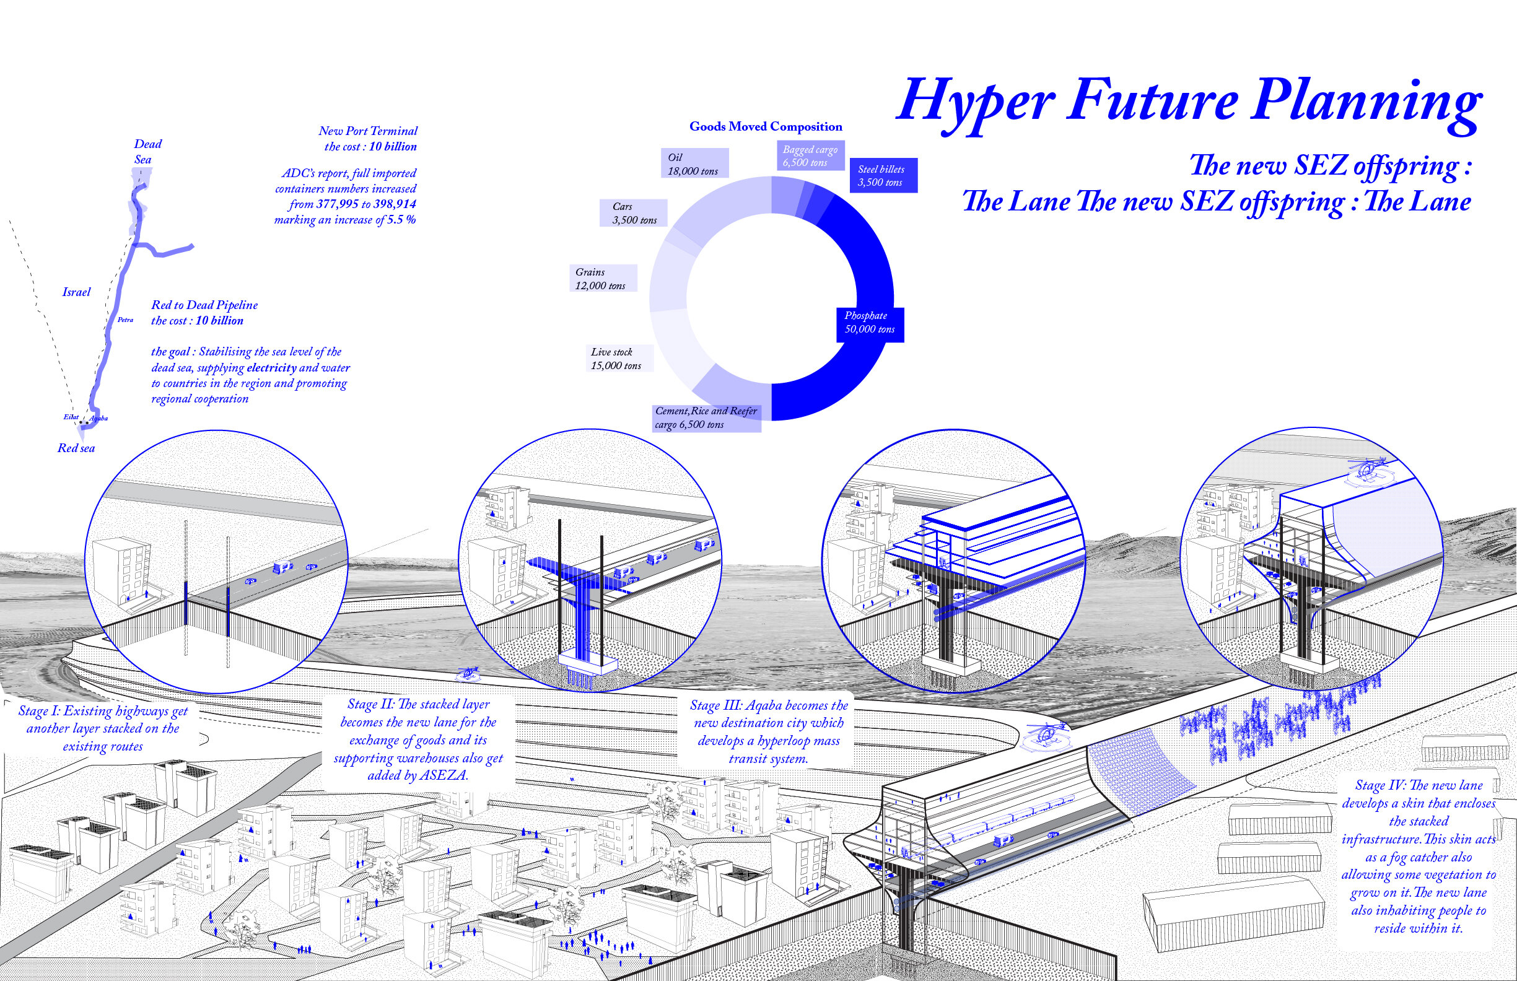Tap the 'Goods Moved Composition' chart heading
pos(765,127)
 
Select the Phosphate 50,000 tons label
pos(869,322)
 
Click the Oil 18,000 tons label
pos(693,164)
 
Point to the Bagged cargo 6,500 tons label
pos(810,156)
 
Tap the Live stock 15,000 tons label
pos(616,359)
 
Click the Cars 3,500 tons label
pos(633,214)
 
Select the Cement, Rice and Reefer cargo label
pos(706,418)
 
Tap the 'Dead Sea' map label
pos(147,152)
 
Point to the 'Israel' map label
pos(76,292)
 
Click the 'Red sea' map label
pos(76,448)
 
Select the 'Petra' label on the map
pos(125,320)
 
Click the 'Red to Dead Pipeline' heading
pos(204,305)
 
